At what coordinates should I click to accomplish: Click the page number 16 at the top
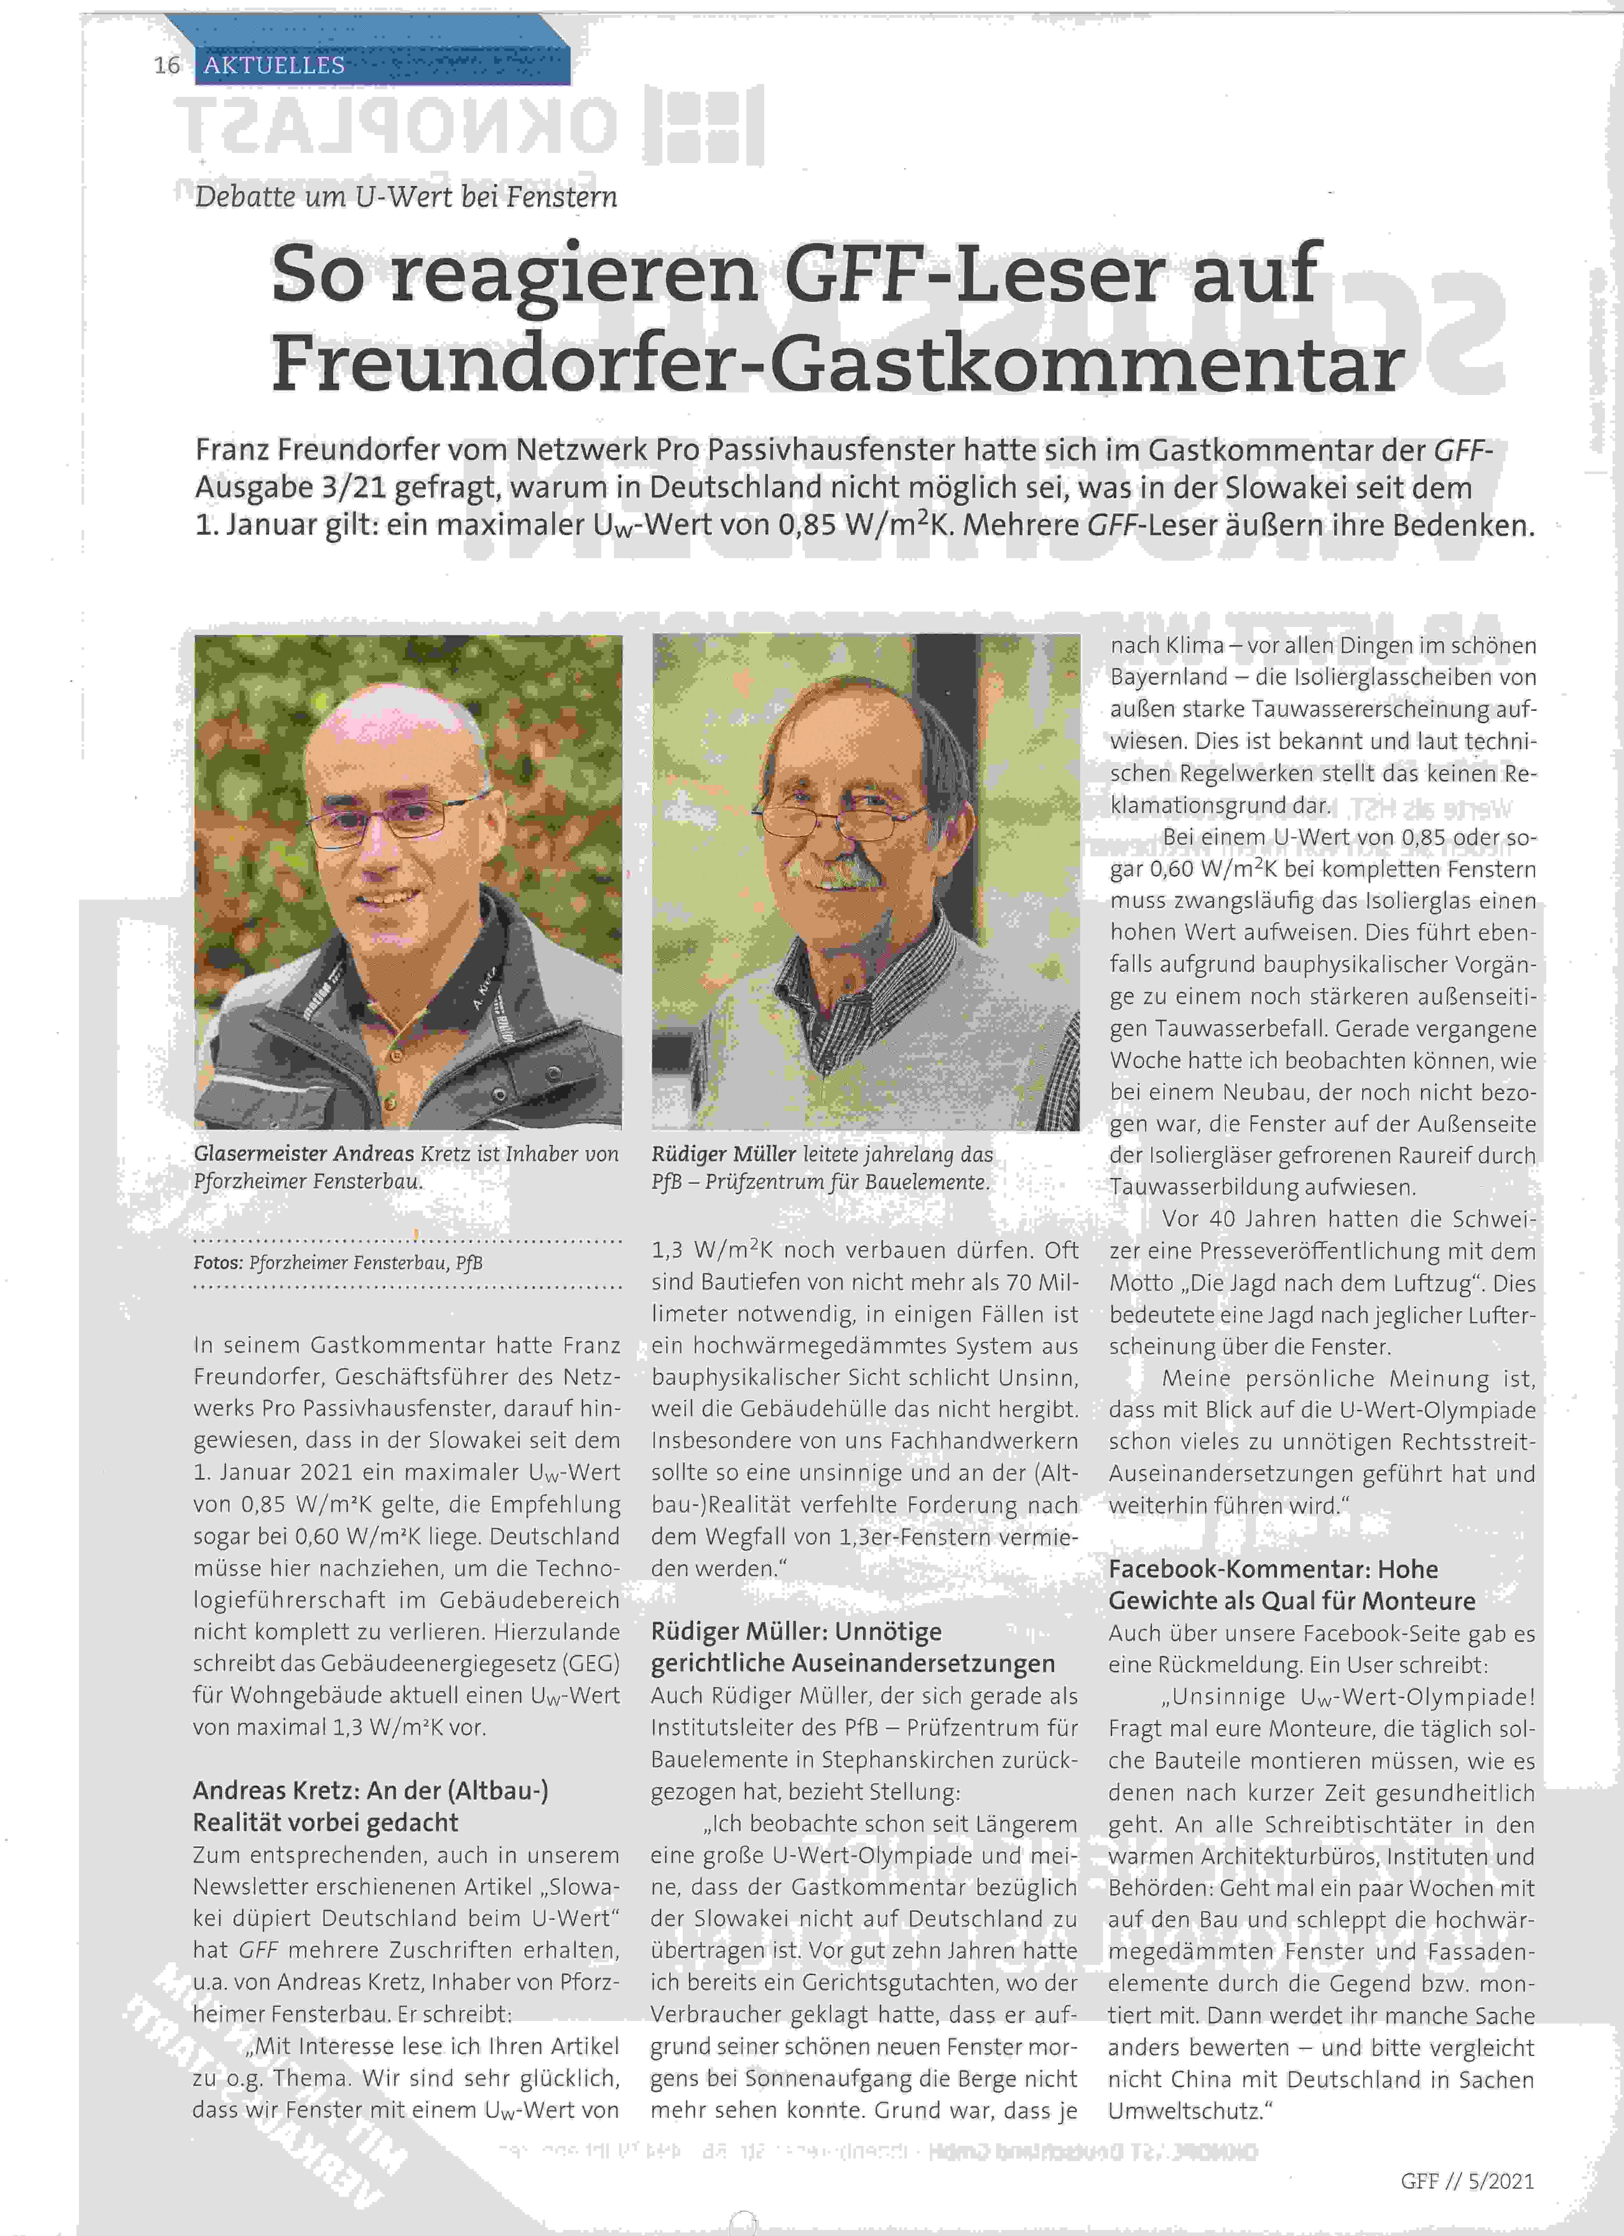click(167, 65)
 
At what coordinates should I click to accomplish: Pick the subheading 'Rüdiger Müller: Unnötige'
click(796, 1632)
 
